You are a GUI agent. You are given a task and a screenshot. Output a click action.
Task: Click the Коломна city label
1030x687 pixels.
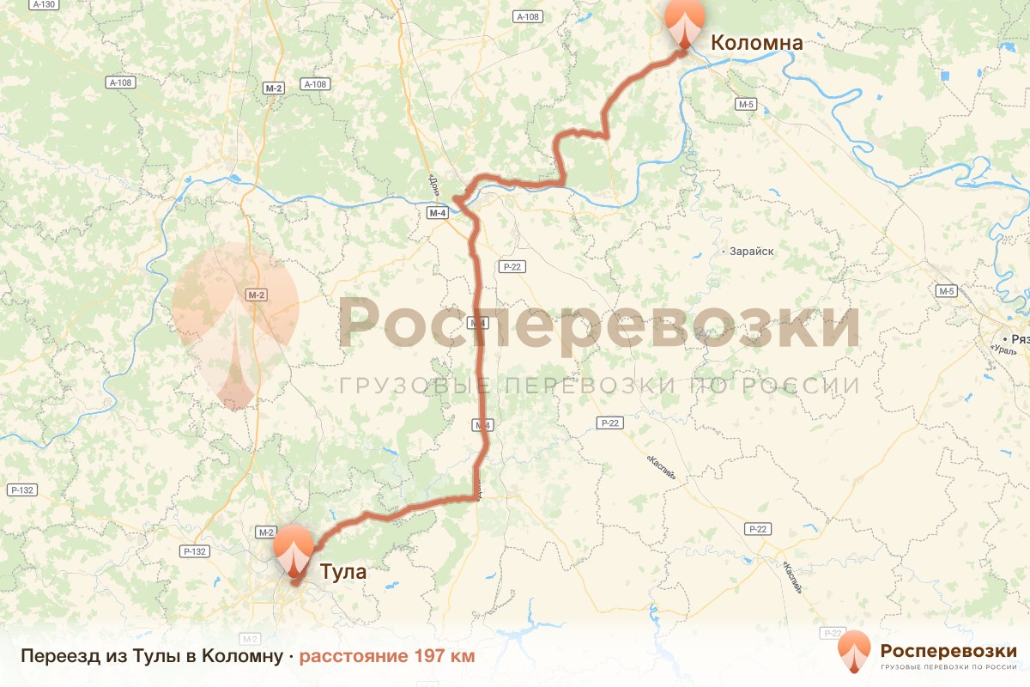coord(756,43)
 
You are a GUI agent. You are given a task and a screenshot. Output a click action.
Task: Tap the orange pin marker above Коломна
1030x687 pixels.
coord(685,22)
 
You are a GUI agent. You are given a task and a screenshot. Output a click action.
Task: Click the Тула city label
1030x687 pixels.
coord(342,571)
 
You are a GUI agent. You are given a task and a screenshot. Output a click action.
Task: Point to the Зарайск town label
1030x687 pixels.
coord(752,252)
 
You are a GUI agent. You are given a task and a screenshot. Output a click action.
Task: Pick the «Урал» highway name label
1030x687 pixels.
coord(1003,350)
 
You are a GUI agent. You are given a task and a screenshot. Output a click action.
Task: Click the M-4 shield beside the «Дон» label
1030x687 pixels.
coord(438,213)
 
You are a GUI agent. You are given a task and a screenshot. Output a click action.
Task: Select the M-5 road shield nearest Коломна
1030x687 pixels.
coord(745,104)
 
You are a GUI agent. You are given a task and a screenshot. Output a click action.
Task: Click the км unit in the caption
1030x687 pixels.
coord(462,657)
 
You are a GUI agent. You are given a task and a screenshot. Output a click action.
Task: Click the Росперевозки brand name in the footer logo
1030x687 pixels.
coord(948,650)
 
